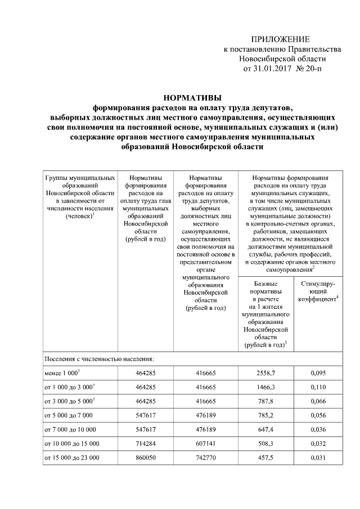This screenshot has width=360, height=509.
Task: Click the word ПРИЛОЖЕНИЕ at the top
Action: (280, 39)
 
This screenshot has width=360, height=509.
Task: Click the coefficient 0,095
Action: (318, 373)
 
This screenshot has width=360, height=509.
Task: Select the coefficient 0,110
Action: (318, 388)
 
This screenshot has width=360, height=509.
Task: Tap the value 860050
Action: (146, 458)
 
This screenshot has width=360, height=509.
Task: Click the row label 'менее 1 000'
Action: (61, 373)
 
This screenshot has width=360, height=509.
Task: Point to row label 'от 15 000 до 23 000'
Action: (71, 458)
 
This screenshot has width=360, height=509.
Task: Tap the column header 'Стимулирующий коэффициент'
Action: (318, 292)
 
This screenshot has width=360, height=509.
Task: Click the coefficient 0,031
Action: (318, 458)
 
